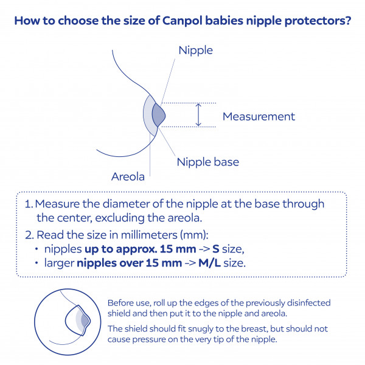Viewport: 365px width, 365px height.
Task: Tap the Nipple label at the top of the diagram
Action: [195, 50]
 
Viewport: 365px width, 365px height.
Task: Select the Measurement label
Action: [259, 116]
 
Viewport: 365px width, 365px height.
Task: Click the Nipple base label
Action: [207, 162]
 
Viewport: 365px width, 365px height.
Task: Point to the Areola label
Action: [128, 177]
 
